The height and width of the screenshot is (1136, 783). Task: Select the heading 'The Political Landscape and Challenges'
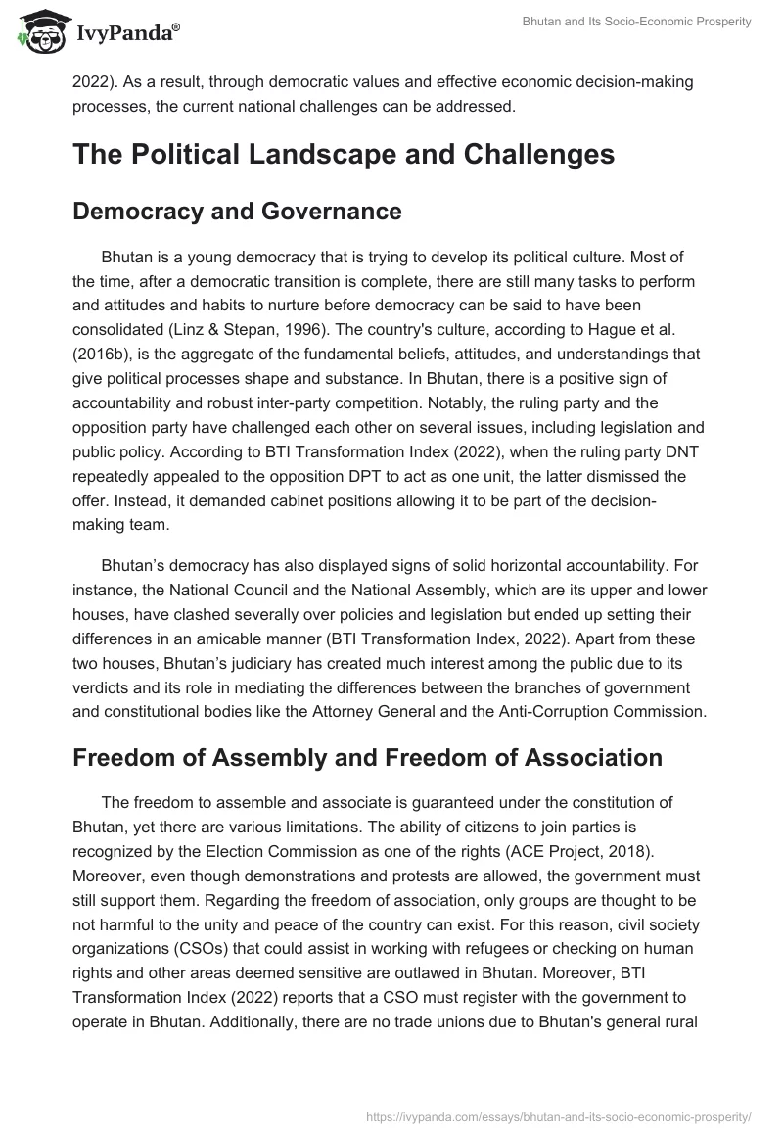[344, 155]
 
